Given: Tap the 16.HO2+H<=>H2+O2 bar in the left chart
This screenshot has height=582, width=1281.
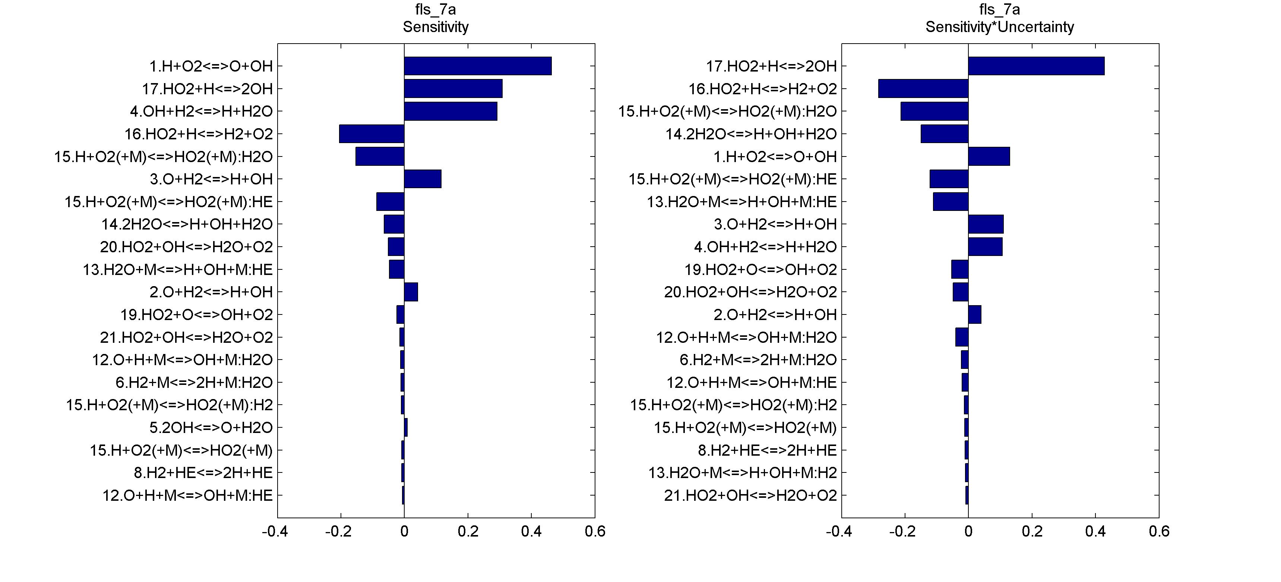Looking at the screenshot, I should pyautogui.click(x=371, y=134).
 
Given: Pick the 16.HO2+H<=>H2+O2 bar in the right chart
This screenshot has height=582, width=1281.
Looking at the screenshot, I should pyautogui.click(x=923, y=89).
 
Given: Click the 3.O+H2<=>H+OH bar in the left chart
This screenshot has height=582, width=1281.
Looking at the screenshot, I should pyautogui.click(x=423, y=179).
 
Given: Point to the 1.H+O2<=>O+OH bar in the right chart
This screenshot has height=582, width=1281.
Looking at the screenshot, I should pyautogui.click(x=989, y=156).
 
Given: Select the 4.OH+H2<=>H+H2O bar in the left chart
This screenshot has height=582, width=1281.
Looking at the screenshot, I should pyautogui.click(x=450, y=111).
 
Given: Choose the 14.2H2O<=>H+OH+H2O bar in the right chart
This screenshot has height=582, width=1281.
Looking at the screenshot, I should pyautogui.click(x=944, y=134).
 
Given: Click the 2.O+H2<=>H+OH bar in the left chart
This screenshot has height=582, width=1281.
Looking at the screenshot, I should pyautogui.click(x=411, y=292).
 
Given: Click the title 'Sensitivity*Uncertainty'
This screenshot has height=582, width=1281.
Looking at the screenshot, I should pyautogui.click(x=1000, y=27).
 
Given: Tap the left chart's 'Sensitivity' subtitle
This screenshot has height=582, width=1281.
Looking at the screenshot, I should pyautogui.click(x=436, y=27).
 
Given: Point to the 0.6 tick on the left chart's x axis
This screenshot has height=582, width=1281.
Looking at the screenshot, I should pyautogui.click(x=595, y=532).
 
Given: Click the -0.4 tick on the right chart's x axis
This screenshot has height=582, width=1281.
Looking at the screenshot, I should pyautogui.click(x=839, y=532).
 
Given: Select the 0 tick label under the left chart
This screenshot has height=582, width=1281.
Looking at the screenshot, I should pyautogui.click(x=404, y=532).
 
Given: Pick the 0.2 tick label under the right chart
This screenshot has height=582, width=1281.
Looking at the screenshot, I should pyautogui.click(x=1032, y=532).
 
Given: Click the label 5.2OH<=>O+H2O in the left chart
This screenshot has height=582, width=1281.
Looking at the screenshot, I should pyautogui.click(x=211, y=428).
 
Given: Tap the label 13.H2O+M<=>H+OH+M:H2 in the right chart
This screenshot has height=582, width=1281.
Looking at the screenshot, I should pyautogui.click(x=743, y=472).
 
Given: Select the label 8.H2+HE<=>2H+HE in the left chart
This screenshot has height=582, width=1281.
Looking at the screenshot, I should pyautogui.click(x=203, y=472).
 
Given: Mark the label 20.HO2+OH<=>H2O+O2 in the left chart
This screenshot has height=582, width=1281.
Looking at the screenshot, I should pyautogui.click(x=186, y=247).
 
